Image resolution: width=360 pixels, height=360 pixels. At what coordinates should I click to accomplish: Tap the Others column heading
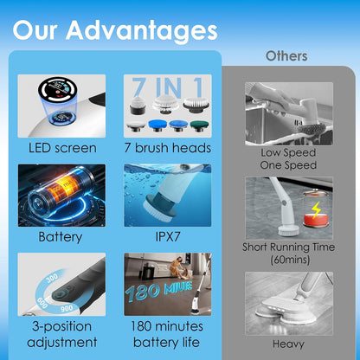point(286,56)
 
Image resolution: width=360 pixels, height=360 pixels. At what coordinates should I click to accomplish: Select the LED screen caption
point(62,148)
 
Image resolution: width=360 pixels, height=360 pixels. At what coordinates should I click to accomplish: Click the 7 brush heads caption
point(168,148)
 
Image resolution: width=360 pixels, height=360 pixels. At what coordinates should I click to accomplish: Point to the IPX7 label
point(168,236)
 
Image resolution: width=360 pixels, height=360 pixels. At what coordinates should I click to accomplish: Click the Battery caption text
point(61,237)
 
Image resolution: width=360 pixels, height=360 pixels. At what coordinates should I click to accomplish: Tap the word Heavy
point(288,344)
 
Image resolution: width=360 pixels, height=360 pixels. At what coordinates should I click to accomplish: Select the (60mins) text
point(290,260)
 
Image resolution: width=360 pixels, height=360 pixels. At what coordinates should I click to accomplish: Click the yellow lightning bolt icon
point(316,209)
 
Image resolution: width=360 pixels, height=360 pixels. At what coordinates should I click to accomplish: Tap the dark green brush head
point(199,125)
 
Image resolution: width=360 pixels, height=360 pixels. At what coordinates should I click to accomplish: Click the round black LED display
point(58,89)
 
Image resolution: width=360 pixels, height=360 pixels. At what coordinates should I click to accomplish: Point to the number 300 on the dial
point(52,278)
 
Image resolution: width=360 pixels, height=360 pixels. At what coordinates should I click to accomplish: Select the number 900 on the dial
point(67,308)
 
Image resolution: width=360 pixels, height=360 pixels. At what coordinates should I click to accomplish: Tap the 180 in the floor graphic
point(143,292)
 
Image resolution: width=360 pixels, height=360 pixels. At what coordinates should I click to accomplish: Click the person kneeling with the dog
point(177,267)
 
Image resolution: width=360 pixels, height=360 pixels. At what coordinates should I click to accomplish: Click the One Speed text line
point(288,165)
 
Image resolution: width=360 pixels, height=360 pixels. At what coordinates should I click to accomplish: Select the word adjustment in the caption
point(62,343)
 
